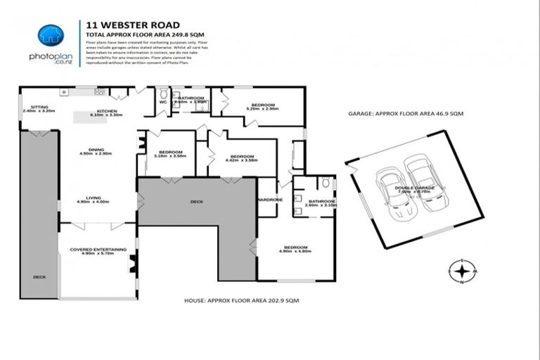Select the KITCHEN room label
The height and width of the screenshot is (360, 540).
pos(107,111)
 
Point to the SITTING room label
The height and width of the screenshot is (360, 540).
pos(30,108)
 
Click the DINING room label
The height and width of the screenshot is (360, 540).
pos(96,149)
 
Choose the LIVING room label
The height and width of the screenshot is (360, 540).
pos(94,198)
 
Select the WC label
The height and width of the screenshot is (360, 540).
pos(163,103)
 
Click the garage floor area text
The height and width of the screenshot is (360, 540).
pos(406,113)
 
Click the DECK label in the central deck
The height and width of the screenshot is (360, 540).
pos(196,202)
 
